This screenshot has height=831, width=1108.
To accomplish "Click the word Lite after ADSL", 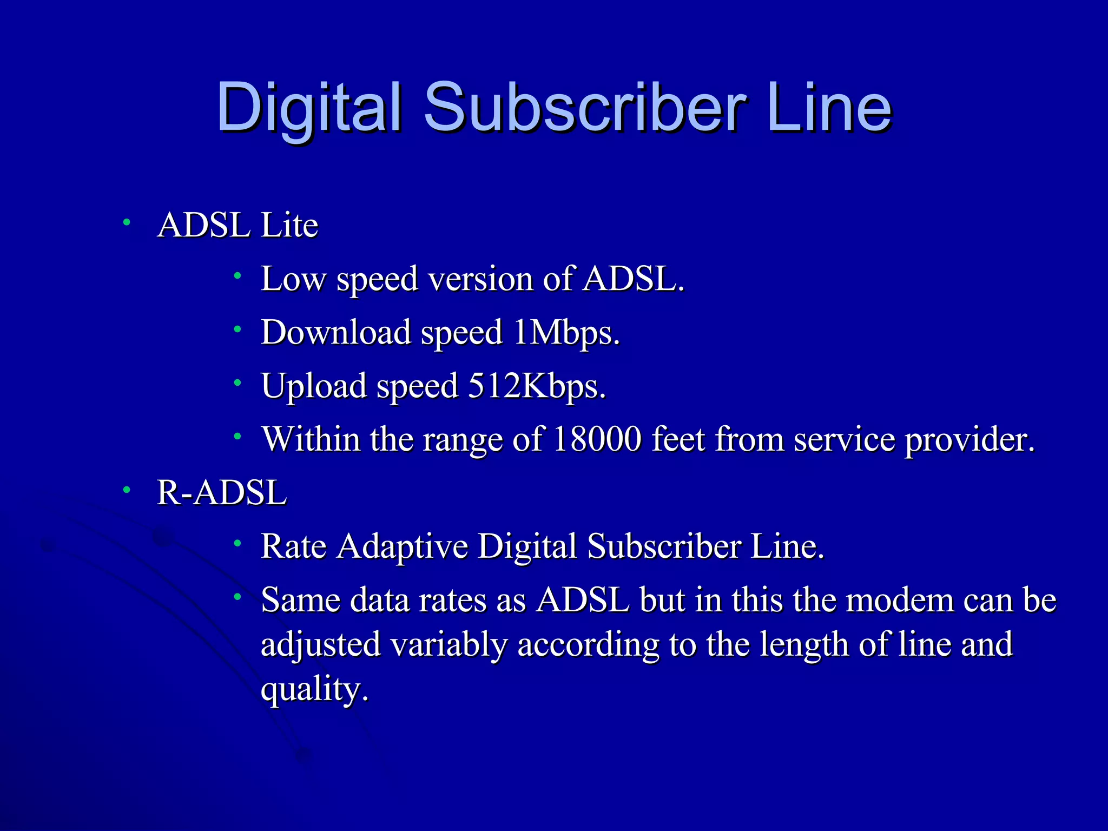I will pyautogui.click(x=289, y=225).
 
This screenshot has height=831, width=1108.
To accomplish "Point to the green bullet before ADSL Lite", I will pyautogui.click(x=126, y=222).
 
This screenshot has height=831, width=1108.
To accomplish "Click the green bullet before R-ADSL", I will pyautogui.click(x=126, y=490).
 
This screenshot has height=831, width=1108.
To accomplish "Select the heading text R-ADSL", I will pyautogui.click(x=221, y=493).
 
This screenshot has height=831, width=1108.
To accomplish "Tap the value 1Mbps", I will pyautogui.click(x=566, y=333).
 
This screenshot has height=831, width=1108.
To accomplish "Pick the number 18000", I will pyautogui.click(x=597, y=439).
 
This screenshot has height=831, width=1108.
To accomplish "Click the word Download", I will pyautogui.click(x=335, y=332).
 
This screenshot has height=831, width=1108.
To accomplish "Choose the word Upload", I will pyautogui.click(x=314, y=386).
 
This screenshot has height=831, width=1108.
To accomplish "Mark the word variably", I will pyautogui.click(x=449, y=645).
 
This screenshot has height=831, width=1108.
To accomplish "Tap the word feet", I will pyautogui.click(x=678, y=439).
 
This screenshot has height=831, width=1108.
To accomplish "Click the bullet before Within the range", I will pyautogui.click(x=237, y=436).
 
